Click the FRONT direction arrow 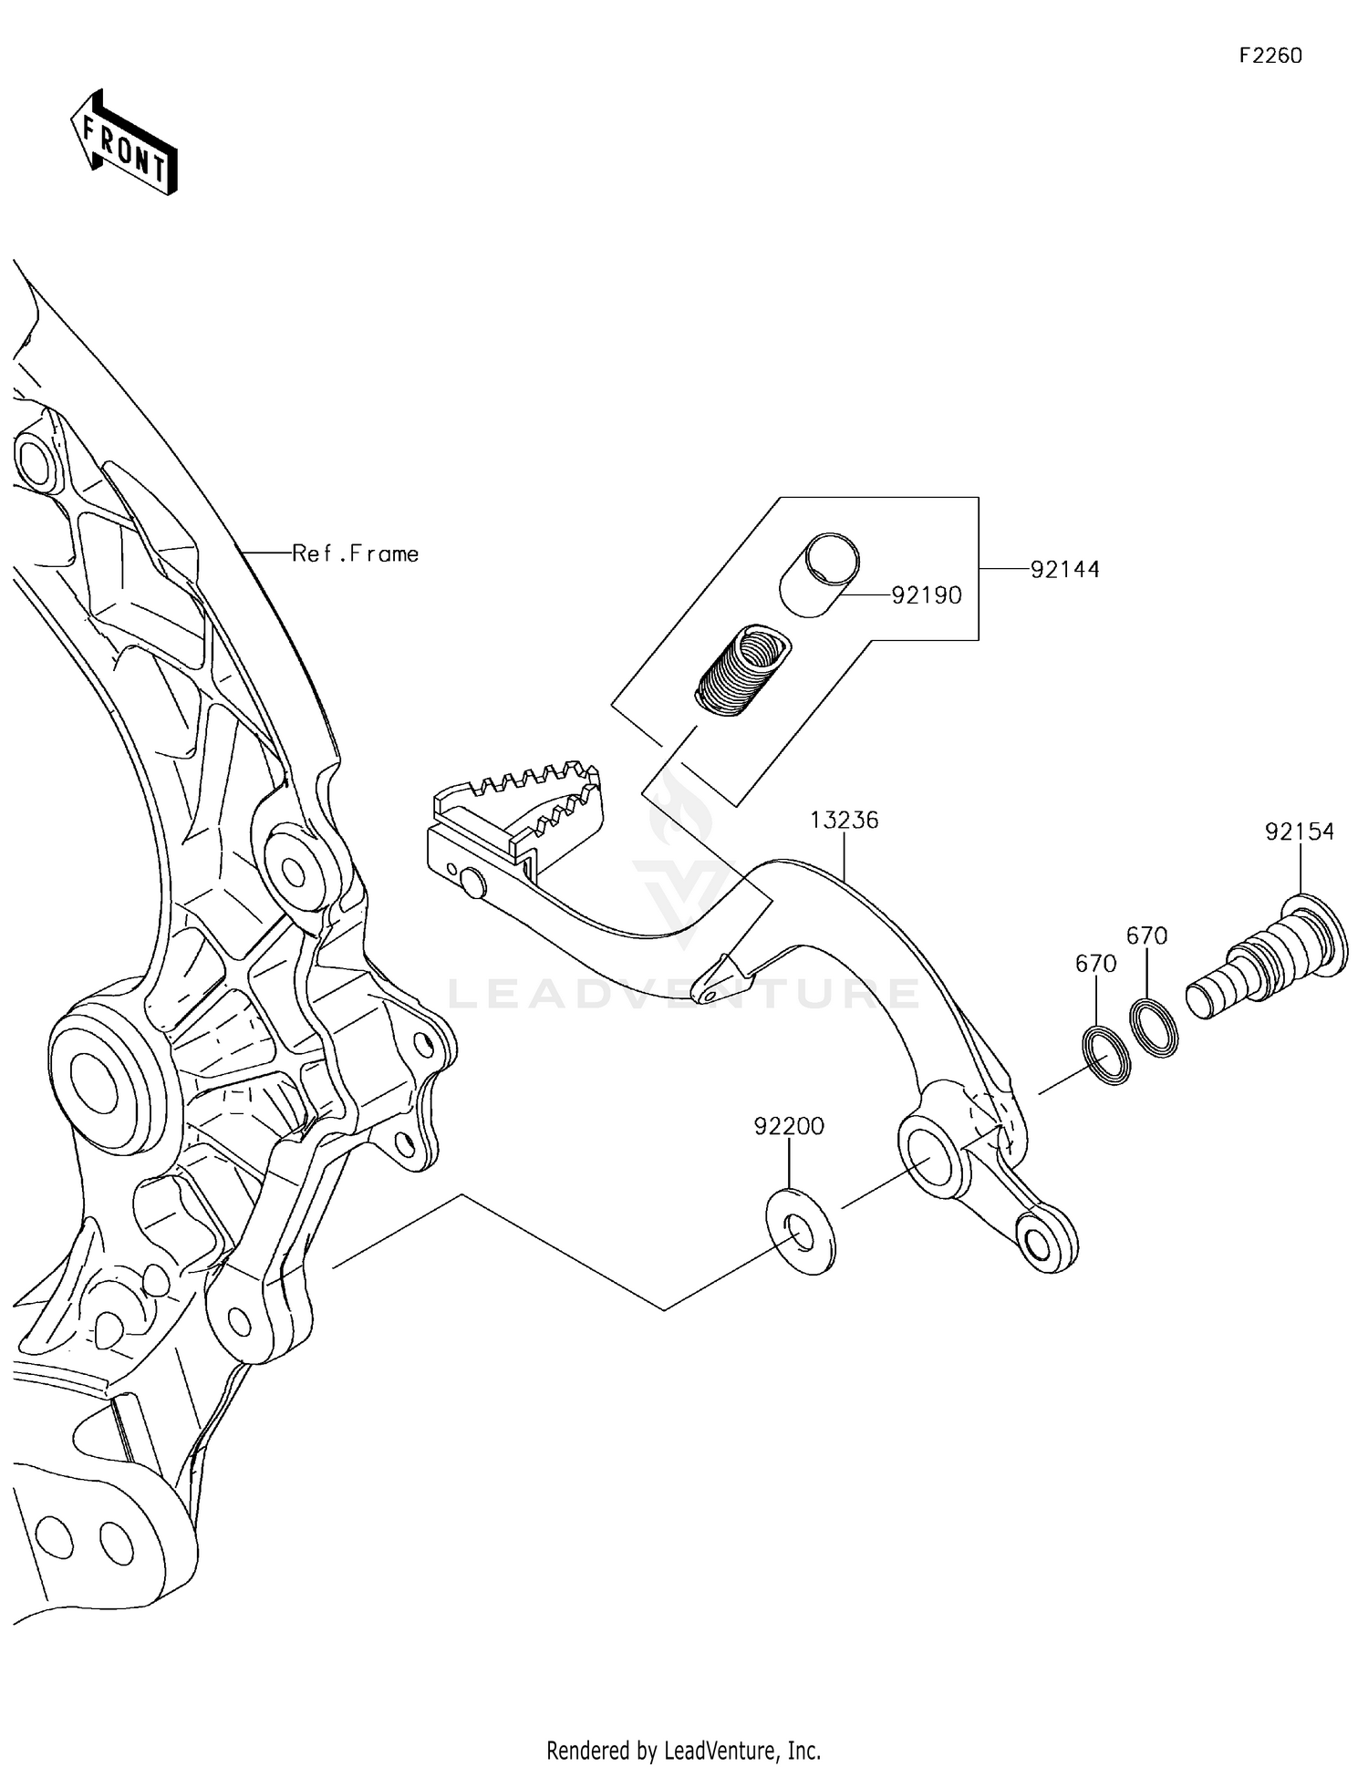pos(124,144)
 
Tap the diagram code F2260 pos(1270,56)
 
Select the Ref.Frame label pos(355,553)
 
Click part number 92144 pos(1064,570)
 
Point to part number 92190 pos(926,595)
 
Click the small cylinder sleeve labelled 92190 pos(820,576)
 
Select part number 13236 pos(844,820)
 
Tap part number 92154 pos(1299,832)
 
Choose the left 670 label pos(1095,964)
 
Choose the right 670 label pos(1146,935)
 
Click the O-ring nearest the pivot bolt pos(1154,1028)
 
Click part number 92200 pos(788,1126)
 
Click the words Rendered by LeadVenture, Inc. pos(683,1750)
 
